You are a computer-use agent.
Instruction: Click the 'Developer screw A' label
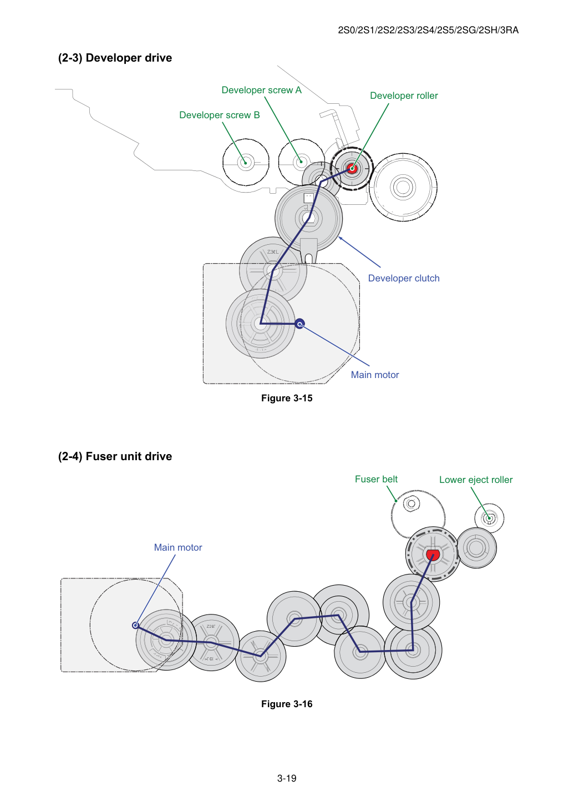[x=261, y=90]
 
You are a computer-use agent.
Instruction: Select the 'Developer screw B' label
[x=220, y=115]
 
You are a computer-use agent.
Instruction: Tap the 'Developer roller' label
[x=404, y=95]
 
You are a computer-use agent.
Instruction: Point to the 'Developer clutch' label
[x=404, y=279]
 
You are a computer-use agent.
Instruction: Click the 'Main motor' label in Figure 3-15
[x=375, y=375]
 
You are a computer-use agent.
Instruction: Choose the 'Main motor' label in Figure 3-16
[x=178, y=547]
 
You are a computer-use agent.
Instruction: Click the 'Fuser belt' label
[x=376, y=480]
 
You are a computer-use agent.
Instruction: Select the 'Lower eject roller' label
[x=476, y=480]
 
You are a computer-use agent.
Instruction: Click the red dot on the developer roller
[x=352, y=168]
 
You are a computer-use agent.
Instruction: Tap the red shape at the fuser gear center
[x=432, y=555]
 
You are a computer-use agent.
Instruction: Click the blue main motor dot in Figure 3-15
[x=299, y=324]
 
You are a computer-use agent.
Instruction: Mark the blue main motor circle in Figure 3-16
[x=136, y=625]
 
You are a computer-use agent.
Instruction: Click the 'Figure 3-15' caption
[x=287, y=398]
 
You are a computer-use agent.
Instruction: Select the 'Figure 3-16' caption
[x=287, y=704]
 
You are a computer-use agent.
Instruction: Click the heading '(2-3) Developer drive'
[x=115, y=58]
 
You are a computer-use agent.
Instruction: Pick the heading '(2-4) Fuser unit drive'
[x=115, y=456]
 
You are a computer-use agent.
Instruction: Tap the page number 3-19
[x=287, y=778]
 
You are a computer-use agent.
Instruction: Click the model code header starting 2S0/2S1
[x=428, y=31]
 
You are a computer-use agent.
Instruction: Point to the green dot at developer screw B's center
[x=246, y=163]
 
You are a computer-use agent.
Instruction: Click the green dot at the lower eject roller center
[x=489, y=518]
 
